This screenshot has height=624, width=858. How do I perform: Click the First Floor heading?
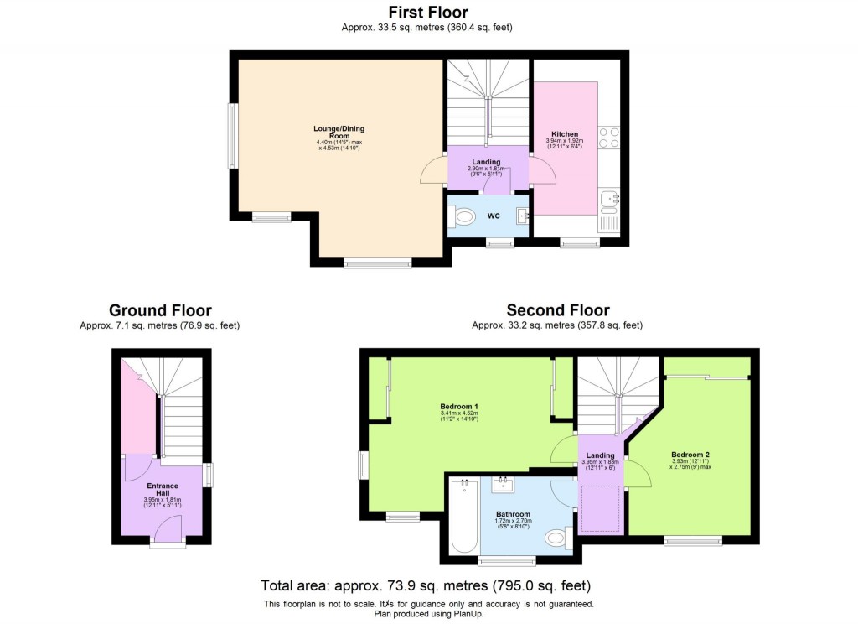(427, 12)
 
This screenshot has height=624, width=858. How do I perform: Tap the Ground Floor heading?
(160, 311)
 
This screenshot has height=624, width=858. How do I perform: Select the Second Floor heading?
(557, 311)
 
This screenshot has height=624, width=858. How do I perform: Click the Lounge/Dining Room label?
(339, 133)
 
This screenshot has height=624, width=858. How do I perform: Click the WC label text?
(494, 216)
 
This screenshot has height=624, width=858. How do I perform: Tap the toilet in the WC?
(463, 217)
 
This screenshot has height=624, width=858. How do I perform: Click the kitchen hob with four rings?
(608, 138)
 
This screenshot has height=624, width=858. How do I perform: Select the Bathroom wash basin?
(504, 484)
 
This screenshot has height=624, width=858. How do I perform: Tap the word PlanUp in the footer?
(469, 614)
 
